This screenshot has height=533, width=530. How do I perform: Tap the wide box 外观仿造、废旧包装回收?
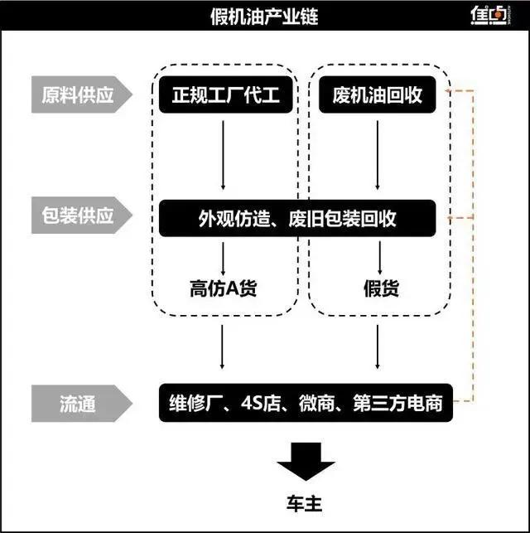pyautogui.click(x=297, y=219)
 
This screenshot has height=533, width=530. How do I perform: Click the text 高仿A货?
pyautogui.click(x=223, y=288)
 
